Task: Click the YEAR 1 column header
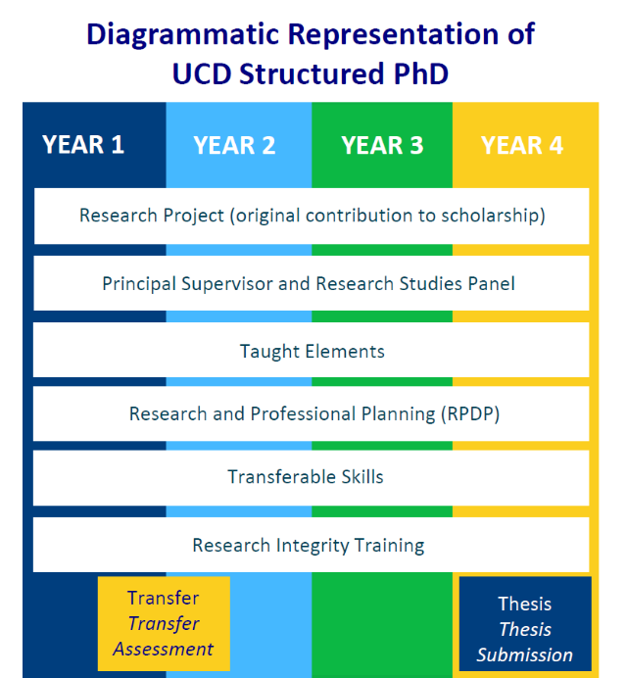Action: click(x=83, y=145)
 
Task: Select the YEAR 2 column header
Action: click(x=234, y=145)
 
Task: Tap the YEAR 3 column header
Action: click(x=382, y=145)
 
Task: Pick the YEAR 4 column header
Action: click(x=522, y=145)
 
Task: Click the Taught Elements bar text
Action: click(x=312, y=351)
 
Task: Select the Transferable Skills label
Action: click(x=306, y=477)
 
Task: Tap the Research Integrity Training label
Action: click(x=308, y=545)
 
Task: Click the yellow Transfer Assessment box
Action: click(x=164, y=623)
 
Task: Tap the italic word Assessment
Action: click(x=163, y=649)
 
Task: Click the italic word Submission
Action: click(x=525, y=654)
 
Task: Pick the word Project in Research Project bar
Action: click(x=193, y=215)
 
